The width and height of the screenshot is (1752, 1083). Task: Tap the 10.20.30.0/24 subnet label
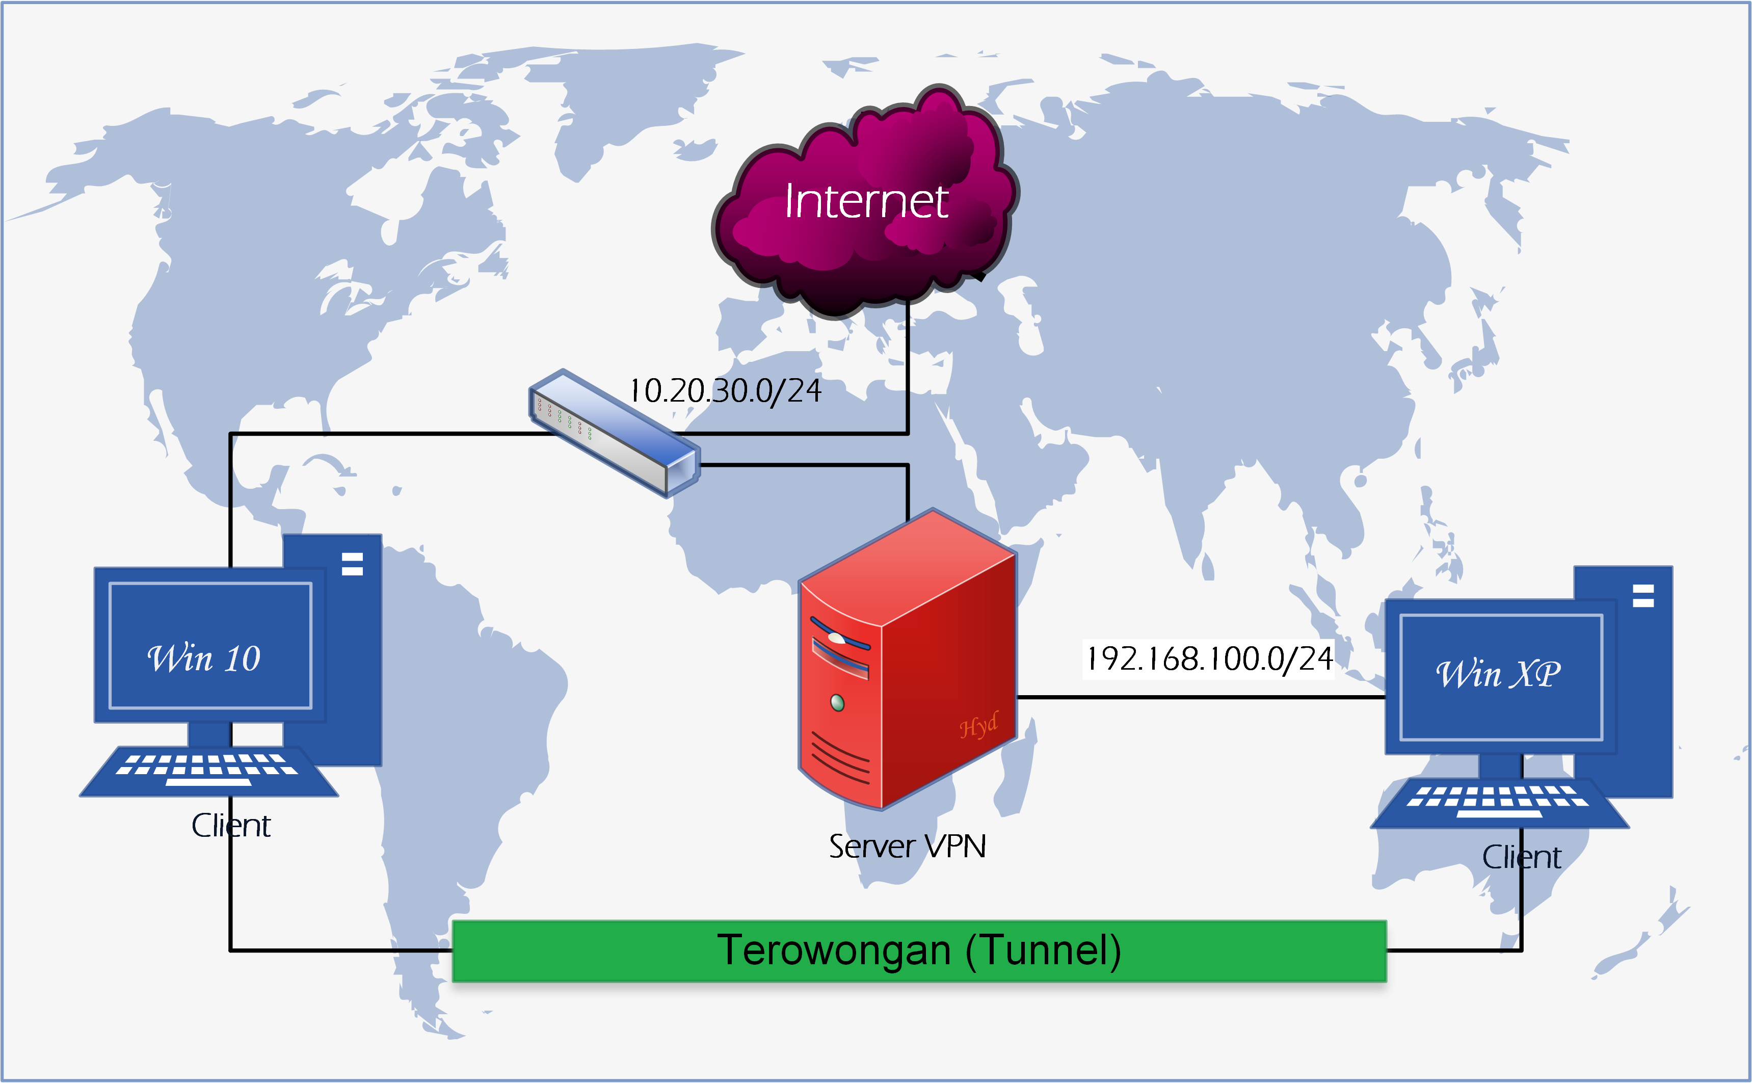click(x=725, y=391)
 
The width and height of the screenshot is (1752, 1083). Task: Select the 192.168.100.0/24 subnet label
click(x=1209, y=659)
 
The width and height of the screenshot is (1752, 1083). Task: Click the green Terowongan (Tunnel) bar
click(x=919, y=950)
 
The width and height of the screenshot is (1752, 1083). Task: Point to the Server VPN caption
click(x=907, y=847)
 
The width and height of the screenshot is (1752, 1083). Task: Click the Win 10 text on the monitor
click(x=204, y=658)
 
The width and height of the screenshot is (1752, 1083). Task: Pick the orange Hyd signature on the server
click(x=978, y=726)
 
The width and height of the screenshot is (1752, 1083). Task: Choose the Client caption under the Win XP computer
click(x=1522, y=857)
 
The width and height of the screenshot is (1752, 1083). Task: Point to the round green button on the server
click(x=837, y=702)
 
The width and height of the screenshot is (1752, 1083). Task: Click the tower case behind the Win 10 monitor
click(x=354, y=645)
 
